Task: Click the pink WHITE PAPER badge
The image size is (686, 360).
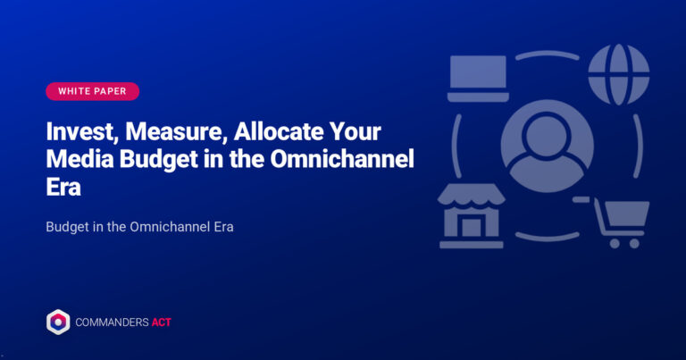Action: (x=92, y=91)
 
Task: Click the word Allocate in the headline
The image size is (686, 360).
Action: (x=279, y=131)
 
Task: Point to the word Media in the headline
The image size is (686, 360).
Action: (x=79, y=159)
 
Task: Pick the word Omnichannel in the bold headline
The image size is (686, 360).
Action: (x=342, y=159)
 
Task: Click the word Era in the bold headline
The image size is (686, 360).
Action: (x=63, y=187)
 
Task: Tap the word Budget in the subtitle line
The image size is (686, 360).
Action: (x=67, y=227)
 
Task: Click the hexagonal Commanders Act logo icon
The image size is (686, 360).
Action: (x=58, y=322)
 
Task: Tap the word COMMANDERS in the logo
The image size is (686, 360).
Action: (x=112, y=322)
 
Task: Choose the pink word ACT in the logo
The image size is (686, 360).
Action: (x=162, y=322)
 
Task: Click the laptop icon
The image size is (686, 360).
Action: (x=478, y=79)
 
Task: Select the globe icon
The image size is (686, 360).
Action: (x=619, y=75)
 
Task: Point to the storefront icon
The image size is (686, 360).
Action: (x=472, y=216)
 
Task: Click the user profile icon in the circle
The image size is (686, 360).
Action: (x=548, y=147)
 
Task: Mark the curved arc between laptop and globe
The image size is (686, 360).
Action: (x=548, y=54)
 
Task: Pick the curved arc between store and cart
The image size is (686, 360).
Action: (x=548, y=238)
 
